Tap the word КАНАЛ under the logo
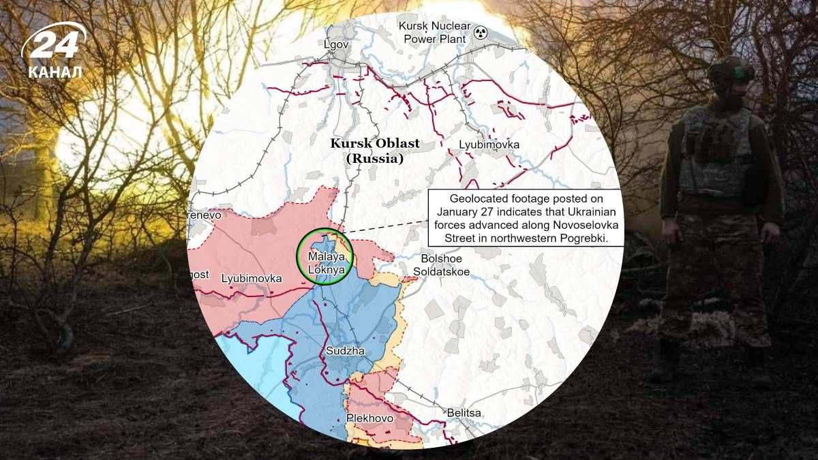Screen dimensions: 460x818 tap(55, 72)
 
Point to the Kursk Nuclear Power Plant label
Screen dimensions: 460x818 tap(434, 33)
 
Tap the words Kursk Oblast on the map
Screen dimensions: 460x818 tap(375, 144)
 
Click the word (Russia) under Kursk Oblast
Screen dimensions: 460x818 tap(375, 159)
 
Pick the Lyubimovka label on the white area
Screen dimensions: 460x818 tap(489, 145)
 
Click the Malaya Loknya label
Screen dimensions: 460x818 tap(323, 263)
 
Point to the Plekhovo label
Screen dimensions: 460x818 tap(369, 418)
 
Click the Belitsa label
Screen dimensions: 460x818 tap(464, 413)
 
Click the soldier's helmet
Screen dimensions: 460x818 tap(731, 70)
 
